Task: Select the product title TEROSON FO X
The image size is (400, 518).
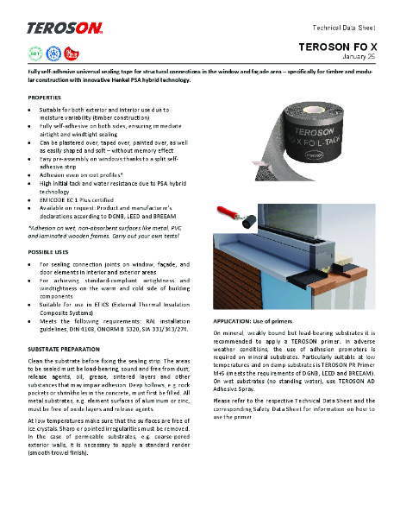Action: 340,45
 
